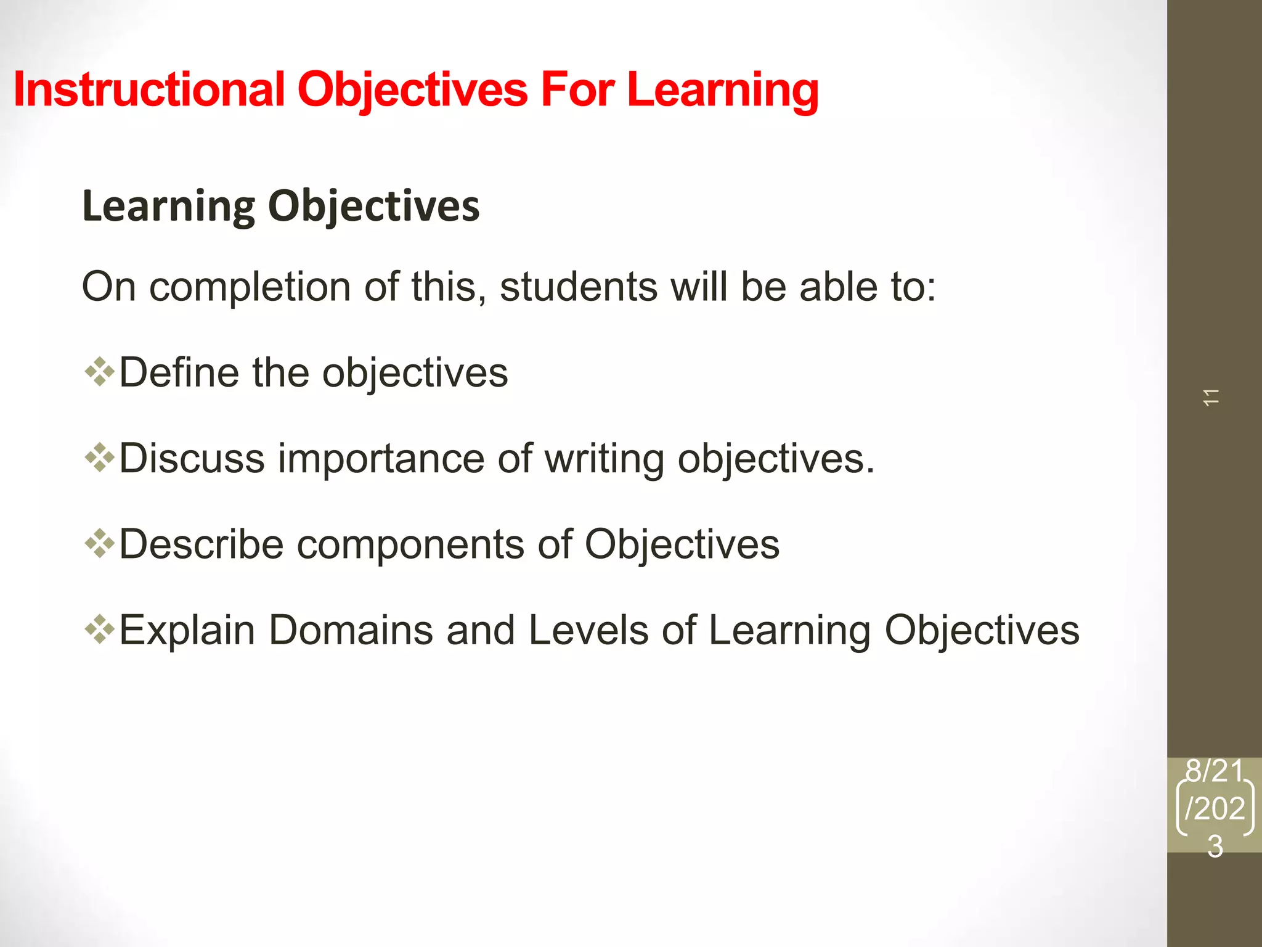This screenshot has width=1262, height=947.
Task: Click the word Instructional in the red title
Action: [148, 90]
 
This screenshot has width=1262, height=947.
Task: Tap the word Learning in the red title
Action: [722, 90]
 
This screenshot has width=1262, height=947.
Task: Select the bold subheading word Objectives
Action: [373, 206]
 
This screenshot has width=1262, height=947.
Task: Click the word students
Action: [578, 287]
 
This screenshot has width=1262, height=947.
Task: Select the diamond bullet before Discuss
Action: [99, 458]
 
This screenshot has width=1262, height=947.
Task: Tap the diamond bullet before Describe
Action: [99, 544]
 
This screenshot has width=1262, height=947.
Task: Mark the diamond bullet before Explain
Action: [99, 629]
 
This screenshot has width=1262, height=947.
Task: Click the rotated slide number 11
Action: [1211, 398]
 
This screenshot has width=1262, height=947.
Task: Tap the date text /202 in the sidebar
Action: [1215, 808]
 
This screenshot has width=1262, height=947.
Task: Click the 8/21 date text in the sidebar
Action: [1215, 771]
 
